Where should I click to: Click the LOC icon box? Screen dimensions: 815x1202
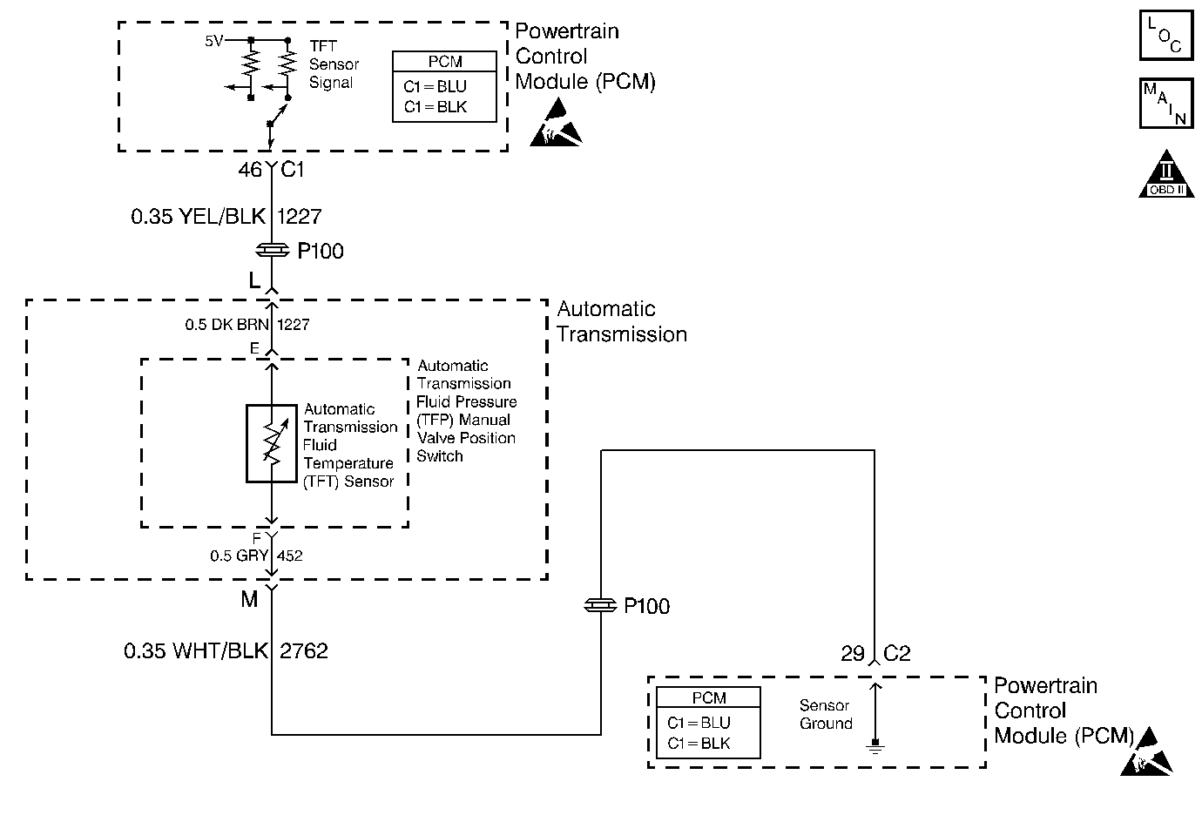click(1165, 36)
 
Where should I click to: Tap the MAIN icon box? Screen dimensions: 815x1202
click(1165, 104)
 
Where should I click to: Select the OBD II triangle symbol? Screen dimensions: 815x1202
click(1165, 175)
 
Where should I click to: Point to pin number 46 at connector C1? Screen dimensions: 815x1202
click(249, 170)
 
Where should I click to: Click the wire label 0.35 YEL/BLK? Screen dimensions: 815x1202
click(199, 216)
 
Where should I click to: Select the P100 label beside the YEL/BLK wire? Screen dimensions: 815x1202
click(321, 252)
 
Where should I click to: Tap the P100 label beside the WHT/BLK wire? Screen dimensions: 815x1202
click(647, 606)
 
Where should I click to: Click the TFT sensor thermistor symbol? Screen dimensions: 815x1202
click(272, 443)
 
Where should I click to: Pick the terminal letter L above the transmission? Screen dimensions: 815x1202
click(254, 280)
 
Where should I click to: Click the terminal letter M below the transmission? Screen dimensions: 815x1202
click(250, 599)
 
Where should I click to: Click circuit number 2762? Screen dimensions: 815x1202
click(304, 650)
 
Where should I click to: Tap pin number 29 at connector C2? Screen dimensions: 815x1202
click(853, 653)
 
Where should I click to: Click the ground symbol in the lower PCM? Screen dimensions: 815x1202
click(875, 744)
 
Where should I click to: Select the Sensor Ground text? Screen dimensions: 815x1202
click(826, 714)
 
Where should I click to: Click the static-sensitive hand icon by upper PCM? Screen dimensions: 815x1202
click(556, 124)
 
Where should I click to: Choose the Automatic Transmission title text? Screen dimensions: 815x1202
click(621, 321)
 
